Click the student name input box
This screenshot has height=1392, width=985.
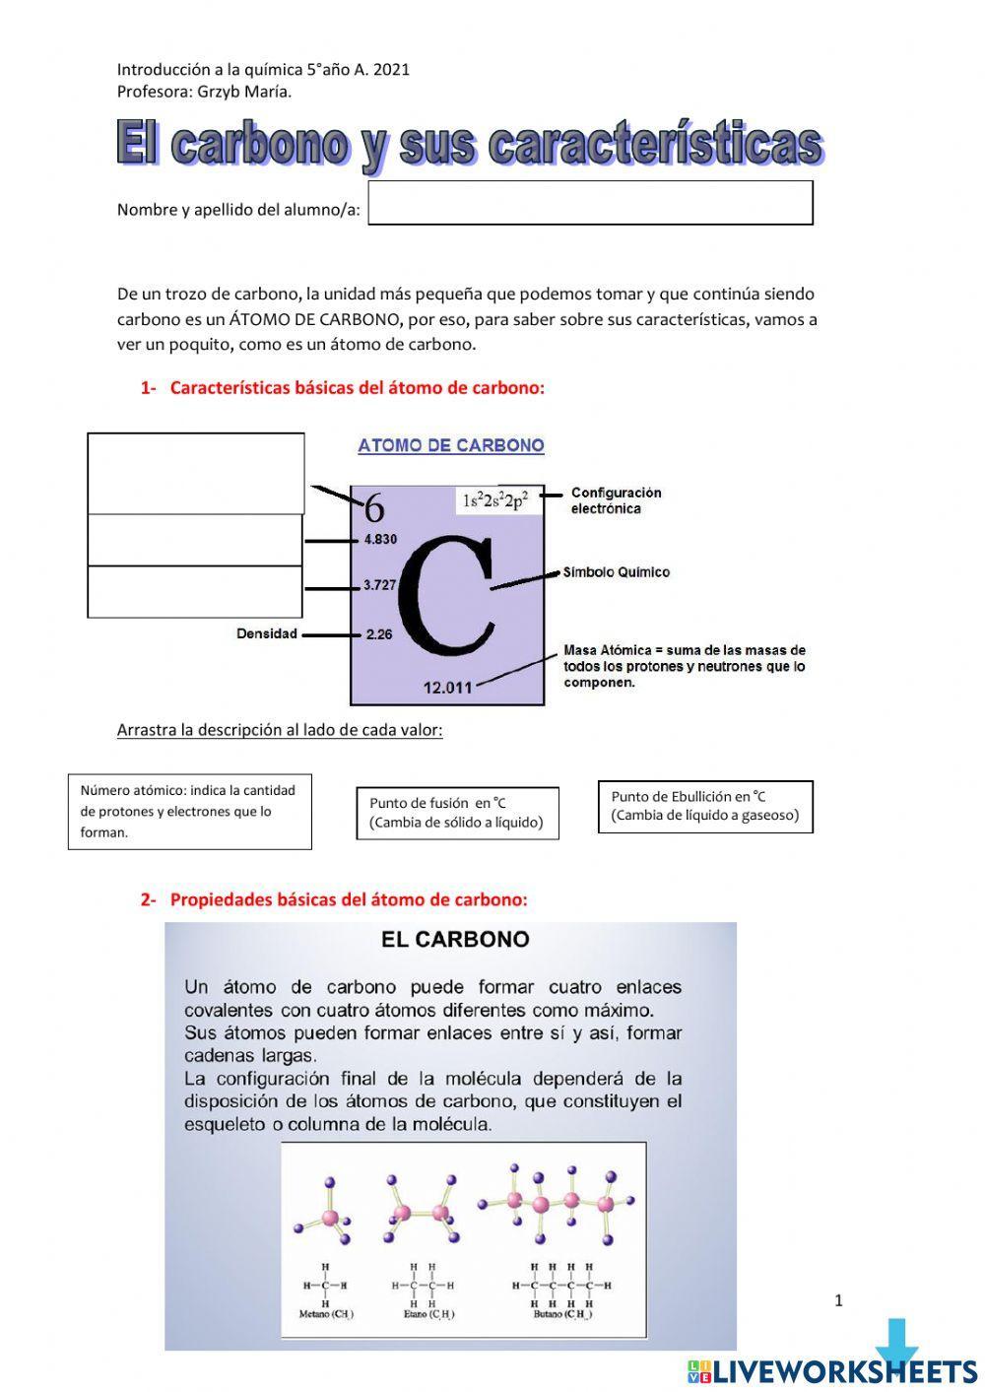point(590,203)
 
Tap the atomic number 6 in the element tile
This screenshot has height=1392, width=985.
point(374,508)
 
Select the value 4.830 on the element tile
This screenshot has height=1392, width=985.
point(380,540)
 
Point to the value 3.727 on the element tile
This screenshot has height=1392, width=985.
point(379,585)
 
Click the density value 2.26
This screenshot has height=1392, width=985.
point(379,634)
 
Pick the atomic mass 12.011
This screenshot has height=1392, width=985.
point(448,688)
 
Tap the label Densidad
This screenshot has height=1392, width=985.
point(266,633)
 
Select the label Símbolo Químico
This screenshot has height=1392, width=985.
point(617,572)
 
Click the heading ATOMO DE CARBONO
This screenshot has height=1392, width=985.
point(451,445)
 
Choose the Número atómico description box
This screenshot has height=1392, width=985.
point(189,812)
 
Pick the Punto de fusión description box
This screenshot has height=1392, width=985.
point(457,813)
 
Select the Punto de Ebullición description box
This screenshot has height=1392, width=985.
point(705,807)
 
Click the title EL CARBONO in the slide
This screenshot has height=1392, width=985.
point(455,940)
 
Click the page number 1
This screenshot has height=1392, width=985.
point(838,1300)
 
